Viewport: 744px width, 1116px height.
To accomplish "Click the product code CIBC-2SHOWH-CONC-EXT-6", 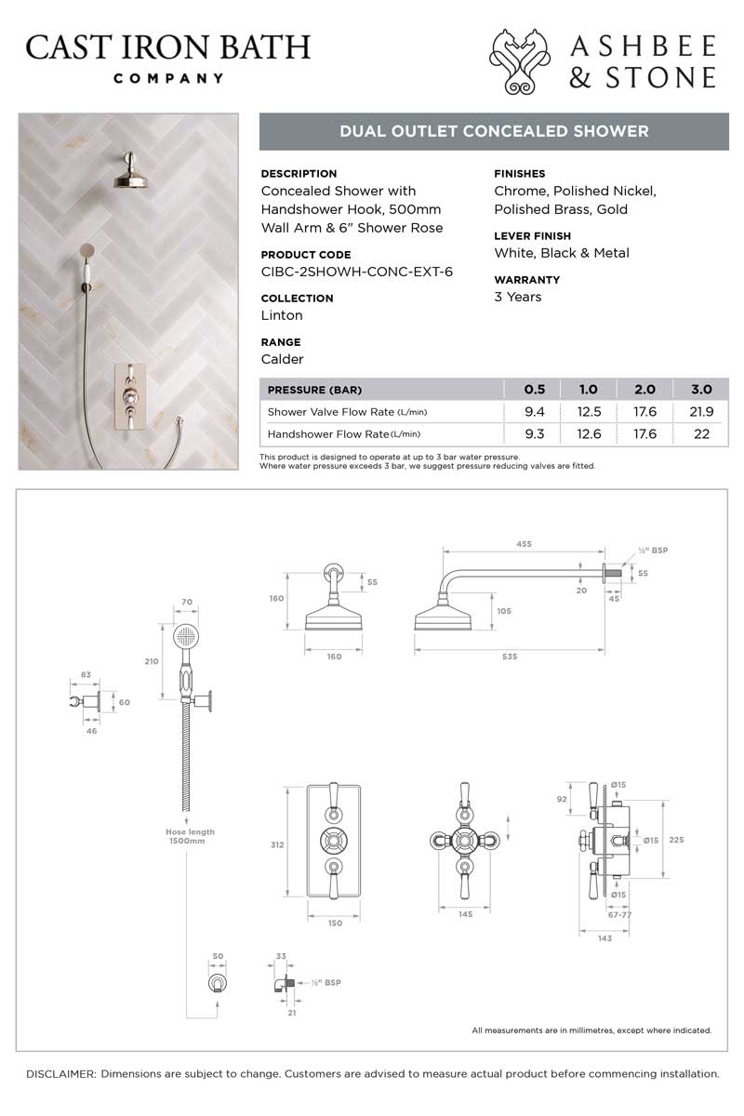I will (x=356, y=272).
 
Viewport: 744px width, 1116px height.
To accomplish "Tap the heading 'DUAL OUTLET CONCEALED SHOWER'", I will (x=494, y=131).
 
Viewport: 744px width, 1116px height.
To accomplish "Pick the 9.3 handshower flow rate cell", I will (x=535, y=434).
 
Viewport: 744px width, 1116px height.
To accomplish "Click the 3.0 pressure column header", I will (x=701, y=390).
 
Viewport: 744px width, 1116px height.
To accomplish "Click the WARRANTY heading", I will (x=526, y=279).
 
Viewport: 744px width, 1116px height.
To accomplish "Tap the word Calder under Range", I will (x=283, y=359).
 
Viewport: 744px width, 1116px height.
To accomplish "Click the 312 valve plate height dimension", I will (x=276, y=845).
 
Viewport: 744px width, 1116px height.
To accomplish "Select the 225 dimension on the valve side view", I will (x=676, y=839).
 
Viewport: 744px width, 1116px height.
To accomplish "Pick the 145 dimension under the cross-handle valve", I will (x=466, y=915).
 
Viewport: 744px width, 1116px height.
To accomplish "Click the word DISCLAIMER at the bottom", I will (x=60, y=1073).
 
